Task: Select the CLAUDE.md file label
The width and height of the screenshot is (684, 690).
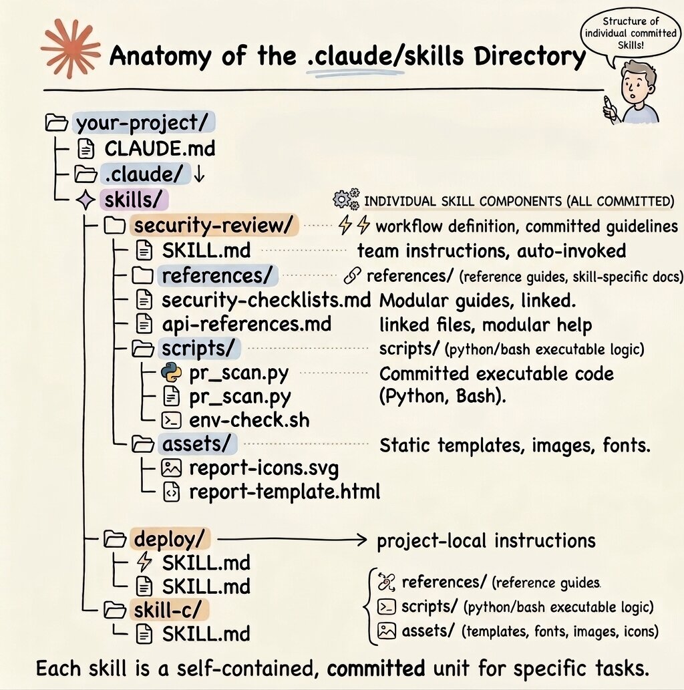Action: [160, 148]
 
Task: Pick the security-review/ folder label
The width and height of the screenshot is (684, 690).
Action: [213, 225]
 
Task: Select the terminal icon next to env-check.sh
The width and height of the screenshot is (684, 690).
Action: [172, 421]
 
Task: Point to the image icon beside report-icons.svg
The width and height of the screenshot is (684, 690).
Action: [172, 468]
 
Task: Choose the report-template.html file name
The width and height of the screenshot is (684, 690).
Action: [285, 492]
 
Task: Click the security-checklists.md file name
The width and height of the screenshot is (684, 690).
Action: [266, 300]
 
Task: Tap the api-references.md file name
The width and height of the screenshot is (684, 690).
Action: [246, 324]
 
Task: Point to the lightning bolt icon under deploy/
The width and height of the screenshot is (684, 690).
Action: [144, 562]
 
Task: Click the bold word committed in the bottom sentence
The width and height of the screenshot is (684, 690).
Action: [375, 668]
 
